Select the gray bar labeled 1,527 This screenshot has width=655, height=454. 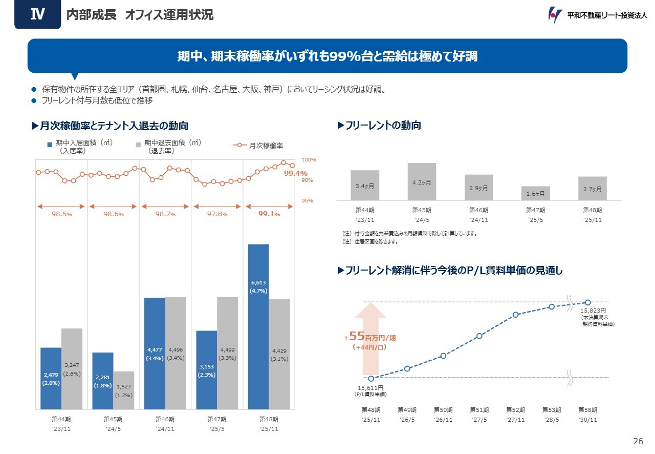(x=123, y=390)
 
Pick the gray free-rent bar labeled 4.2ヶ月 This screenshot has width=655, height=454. (x=422, y=181)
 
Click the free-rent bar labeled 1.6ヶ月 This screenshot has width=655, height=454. (x=536, y=193)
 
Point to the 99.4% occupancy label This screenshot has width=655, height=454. (x=295, y=173)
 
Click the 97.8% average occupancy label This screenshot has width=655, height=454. (x=217, y=214)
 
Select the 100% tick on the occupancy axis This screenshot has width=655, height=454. (x=309, y=160)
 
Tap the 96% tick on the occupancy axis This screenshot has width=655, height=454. (x=307, y=201)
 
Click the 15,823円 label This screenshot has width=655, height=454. (x=593, y=311)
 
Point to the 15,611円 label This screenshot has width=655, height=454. (x=370, y=388)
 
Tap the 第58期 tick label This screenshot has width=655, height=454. (x=587, y=410)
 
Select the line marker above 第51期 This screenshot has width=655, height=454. (x=479, y=336)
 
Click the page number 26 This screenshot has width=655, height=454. (x=638, y=442)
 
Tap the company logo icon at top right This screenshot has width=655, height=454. (x=555, y=15)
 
